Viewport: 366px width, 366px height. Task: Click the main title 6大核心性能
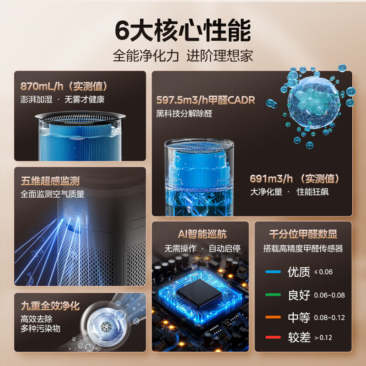click(183, 31)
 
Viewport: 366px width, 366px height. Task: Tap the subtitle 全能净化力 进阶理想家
click(183, 56)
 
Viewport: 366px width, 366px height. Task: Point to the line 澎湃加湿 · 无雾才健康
click(63, 99)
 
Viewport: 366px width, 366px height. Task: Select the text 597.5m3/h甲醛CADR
click(205, 100)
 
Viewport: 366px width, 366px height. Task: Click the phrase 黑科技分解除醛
click(184, 113)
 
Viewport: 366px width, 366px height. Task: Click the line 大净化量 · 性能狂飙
click(289, 192)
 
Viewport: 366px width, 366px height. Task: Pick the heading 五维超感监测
click(50, 181)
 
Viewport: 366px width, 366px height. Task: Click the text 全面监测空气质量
click(53, 194)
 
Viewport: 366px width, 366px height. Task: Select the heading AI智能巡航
click(202, 234)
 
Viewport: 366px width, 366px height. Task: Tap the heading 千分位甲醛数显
click(303, 234)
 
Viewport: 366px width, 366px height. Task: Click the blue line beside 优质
click(273, 272)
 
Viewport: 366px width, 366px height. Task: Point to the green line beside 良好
click(273, 295)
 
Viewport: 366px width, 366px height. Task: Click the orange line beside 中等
click(273, 317)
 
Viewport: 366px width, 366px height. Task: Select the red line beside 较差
click(273, 338)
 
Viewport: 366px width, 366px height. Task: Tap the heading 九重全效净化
click(50, 305)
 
